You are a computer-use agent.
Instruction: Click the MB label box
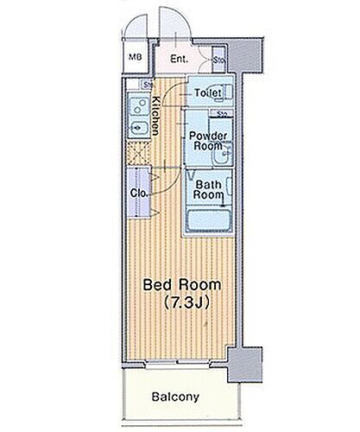tap(135, 59)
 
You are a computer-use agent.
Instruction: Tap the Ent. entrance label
tap(179, 59)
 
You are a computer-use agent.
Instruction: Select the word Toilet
tap(208, 92)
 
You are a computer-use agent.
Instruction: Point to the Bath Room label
tap(210, 189)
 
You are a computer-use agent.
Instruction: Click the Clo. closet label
tap(137, 194)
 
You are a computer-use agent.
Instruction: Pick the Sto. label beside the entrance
tap(219, 60)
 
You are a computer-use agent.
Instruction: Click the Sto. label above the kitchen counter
tap(148, 85)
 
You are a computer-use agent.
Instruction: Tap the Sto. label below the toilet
tap(222, 113)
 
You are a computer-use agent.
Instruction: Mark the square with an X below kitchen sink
tap(136, 155)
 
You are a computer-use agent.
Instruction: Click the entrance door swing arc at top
tap(171, 22)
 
